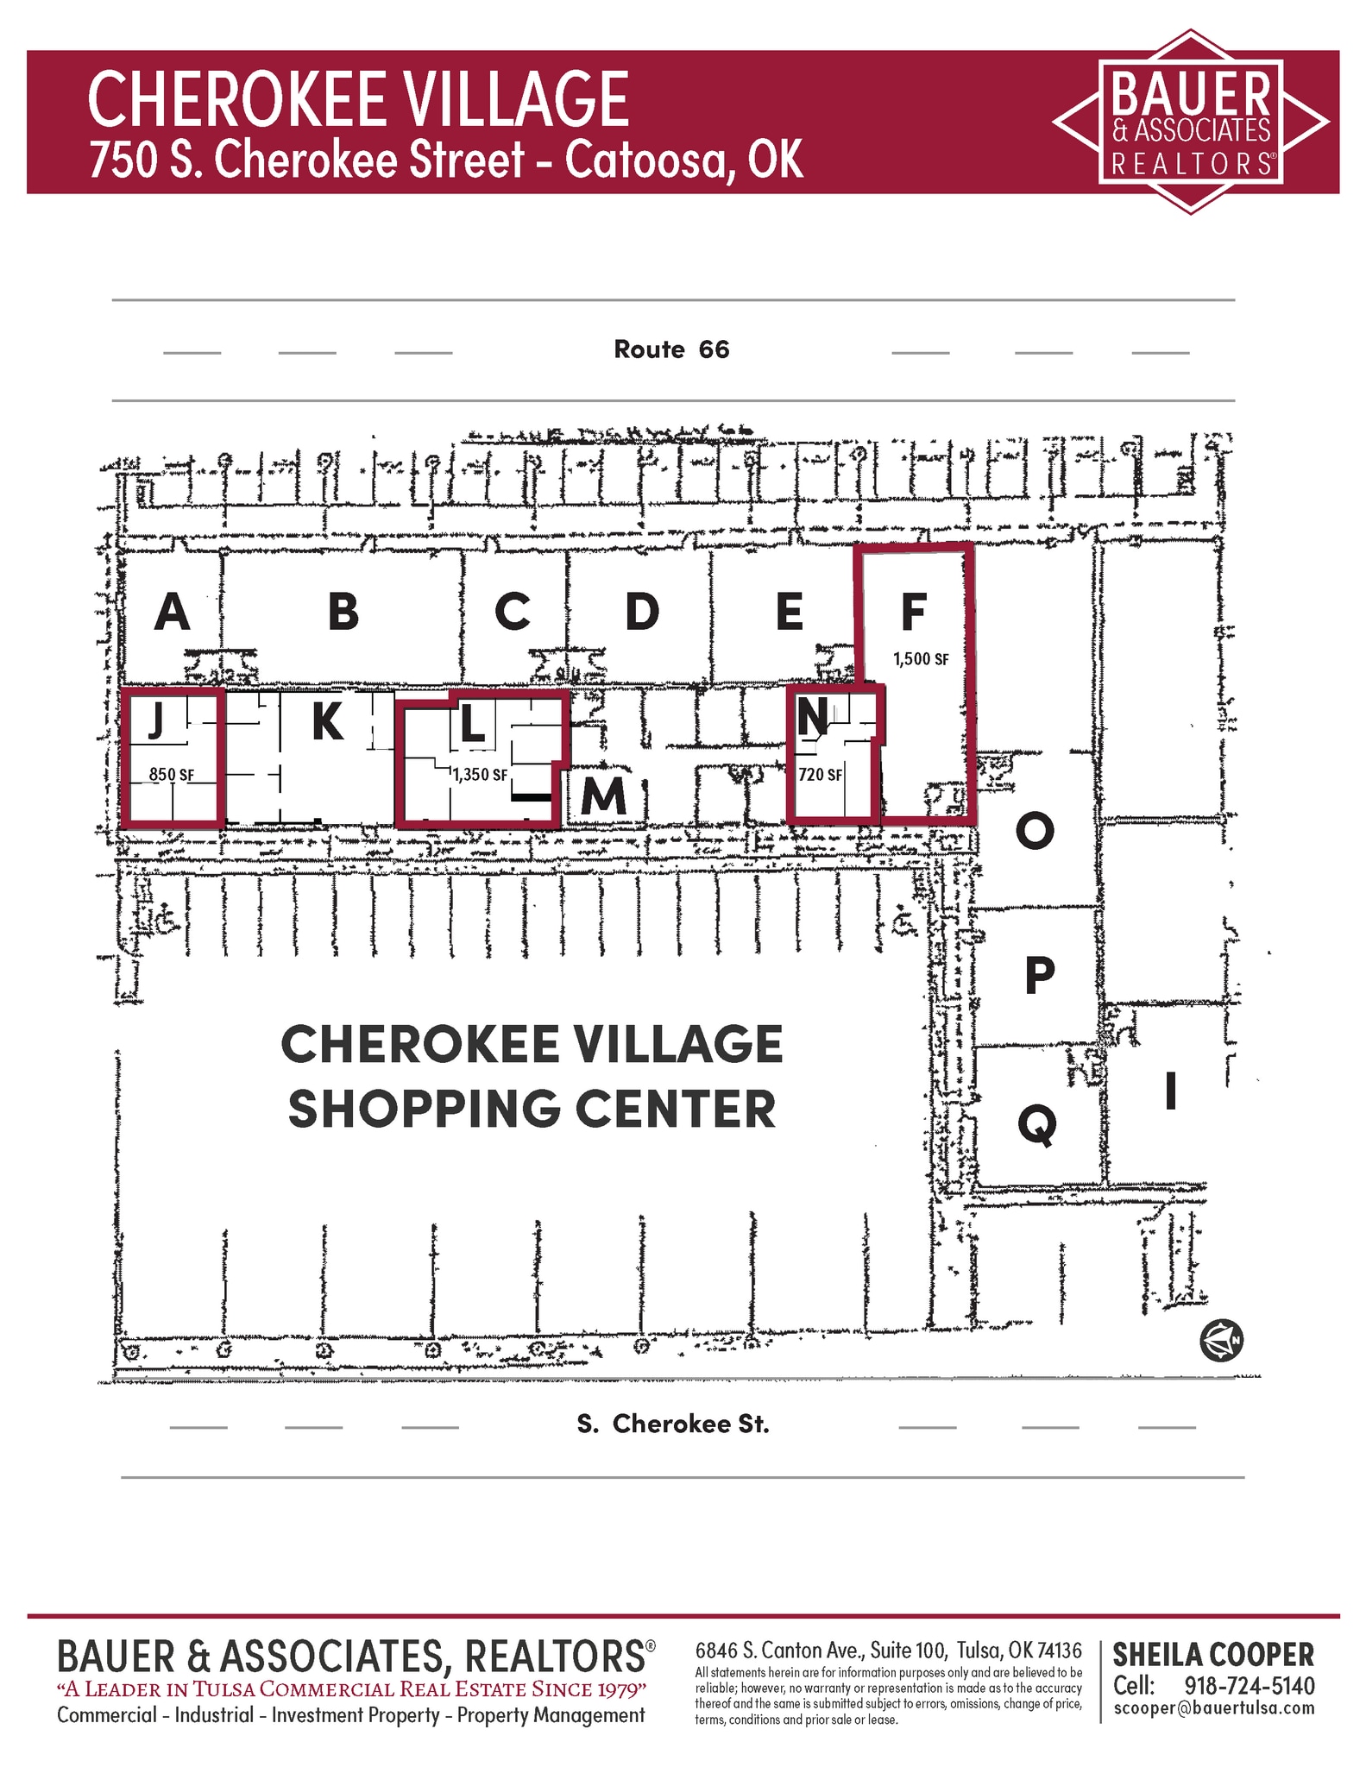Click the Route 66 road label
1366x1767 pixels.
point(671,349)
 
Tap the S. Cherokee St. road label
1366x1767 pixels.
point(672,1424)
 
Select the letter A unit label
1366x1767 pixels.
point(173,613)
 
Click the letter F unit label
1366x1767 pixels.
point(913,613)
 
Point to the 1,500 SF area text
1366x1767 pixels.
point(920,659)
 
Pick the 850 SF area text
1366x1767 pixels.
point(171,775)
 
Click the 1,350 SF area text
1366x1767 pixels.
point(480,775)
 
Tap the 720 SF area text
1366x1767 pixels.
point(820,775)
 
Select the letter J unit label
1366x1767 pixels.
point(155,720)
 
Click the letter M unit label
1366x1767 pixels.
point(603,795)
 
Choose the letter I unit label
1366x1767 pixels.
point(1170,1091)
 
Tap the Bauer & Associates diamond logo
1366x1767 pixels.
point(1191,123)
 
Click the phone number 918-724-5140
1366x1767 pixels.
point(1249,1687)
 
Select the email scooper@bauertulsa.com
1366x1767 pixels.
point(1213,1708)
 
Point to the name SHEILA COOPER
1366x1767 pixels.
point(1212,1656)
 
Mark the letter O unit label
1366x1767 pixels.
point(1035,832)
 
